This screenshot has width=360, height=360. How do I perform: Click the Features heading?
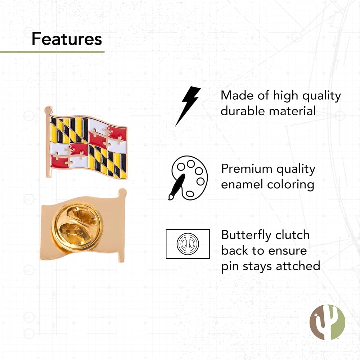[x=67, y=39]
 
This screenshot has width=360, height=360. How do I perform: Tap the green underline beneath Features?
[x=52, y=52]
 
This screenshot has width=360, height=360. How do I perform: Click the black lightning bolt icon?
[x=188, y=106]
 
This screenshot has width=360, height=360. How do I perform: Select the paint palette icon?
[x=188, y=178]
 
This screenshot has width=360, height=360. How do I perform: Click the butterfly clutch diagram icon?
[x=188, y=244]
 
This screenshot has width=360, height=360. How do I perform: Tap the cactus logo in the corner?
[x=327, y=322]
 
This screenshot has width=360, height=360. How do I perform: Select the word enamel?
[x=242, y=185]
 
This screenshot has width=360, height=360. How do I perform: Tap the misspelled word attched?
[x=298, y=266]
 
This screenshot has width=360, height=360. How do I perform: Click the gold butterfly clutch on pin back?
[x=76, y=226]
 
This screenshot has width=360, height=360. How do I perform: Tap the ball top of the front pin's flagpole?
[x=49, y=109]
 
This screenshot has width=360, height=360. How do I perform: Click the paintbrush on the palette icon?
[x=177, y=186]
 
